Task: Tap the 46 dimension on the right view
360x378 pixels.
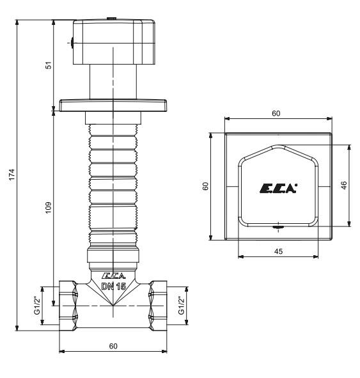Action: [x=343, y=185]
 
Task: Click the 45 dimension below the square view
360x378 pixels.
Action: [x=278, y=251]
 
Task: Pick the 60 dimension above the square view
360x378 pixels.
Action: [x=276, y=113]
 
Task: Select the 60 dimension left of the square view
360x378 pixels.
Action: [x=205, y=185]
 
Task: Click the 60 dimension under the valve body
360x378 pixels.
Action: [x=113, y=346]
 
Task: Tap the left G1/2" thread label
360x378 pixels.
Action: [x=36, y=305]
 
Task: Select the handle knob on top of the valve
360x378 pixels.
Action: [x=113, y=42]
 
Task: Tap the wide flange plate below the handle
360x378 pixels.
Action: [x=113, y=104]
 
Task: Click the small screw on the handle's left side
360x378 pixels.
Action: [x=72, y=43]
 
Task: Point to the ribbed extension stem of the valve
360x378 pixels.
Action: [x=113, y=185]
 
